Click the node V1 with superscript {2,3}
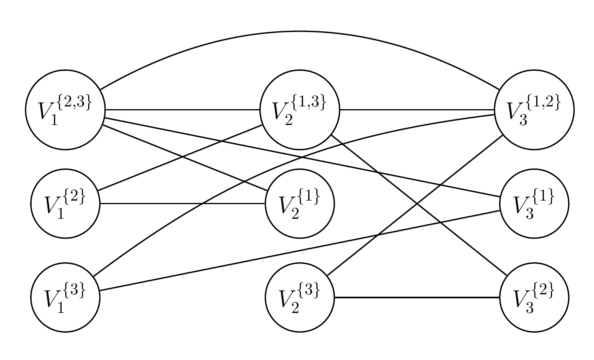click(65, 110)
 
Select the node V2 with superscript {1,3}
click(300, 110)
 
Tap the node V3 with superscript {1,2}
click(534, 110)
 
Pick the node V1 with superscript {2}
click(65, 204)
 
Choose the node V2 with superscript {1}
click(300, 204)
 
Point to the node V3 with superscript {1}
click(534, 204)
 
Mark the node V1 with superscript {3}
click(65, 297)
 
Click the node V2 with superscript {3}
click(300, 297)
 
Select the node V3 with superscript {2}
click(534, 297)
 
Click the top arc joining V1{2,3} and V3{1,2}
click(297, 31)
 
